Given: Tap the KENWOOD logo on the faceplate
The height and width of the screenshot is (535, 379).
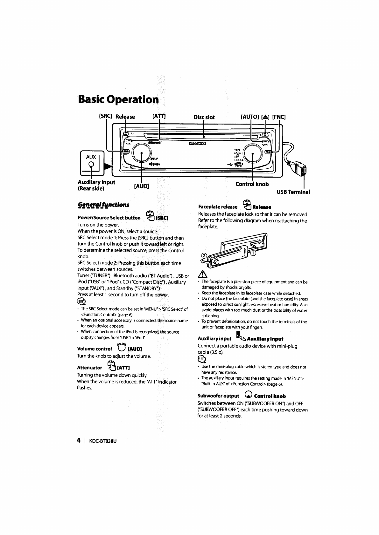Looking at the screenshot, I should tap(198, 143).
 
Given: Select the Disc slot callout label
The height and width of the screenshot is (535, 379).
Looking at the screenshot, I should tap(204, 117).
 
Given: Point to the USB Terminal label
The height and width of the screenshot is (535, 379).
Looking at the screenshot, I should tap(293, 192).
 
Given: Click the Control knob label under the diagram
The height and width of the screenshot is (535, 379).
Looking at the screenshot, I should tap(252, 184).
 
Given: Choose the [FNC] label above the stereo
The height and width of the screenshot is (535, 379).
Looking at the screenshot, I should tap(279, 117).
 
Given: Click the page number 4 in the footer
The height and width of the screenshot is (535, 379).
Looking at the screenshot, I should tap(79, 440).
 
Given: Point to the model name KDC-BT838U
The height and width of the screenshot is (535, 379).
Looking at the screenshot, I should tap(102, 441).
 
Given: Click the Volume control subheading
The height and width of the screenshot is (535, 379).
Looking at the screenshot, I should tap(95, 349).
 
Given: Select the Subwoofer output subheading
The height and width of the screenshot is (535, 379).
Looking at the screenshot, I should tap(218, 396).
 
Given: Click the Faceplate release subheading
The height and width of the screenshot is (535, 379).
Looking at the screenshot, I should tap(218, 207).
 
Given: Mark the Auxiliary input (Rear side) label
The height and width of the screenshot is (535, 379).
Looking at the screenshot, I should tap(96, 185).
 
